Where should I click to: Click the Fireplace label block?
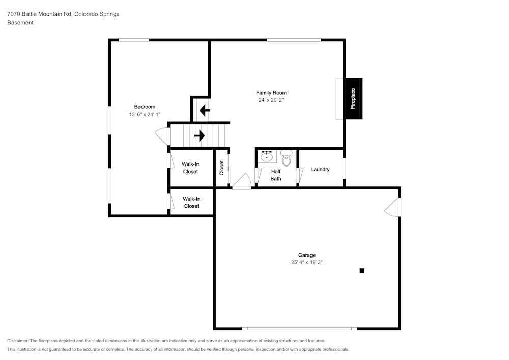[x=354, y=98]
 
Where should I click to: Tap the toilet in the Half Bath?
[x=286, y=158]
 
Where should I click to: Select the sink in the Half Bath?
[x=267, y=156]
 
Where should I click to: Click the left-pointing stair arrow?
[x=205, y=110]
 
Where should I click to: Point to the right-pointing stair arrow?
[x=200, y=135]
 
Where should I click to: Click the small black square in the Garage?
[x=362, y=271]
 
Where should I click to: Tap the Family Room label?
[x=271, y=93]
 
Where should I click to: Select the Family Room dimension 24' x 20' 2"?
[x=271, y=100]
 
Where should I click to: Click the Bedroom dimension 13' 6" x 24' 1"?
[x=145, y=114]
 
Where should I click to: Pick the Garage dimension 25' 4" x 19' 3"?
[x=307, y=262]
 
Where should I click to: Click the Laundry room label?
[x=320, y=170]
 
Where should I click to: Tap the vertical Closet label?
[x=222, y=168]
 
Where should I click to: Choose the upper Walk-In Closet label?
[x=190, y=168]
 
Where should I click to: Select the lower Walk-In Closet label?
[x=191, y=202]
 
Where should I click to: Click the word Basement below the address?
[x=20, y=23]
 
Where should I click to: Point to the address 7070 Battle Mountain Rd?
[x=40, y=14]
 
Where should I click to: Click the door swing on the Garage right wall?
[x=392, y=207]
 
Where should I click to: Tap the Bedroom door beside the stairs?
[x=162, y=136]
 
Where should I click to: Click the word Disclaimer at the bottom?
[x=17, y=341]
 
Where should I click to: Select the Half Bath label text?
[x=276, y=175]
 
